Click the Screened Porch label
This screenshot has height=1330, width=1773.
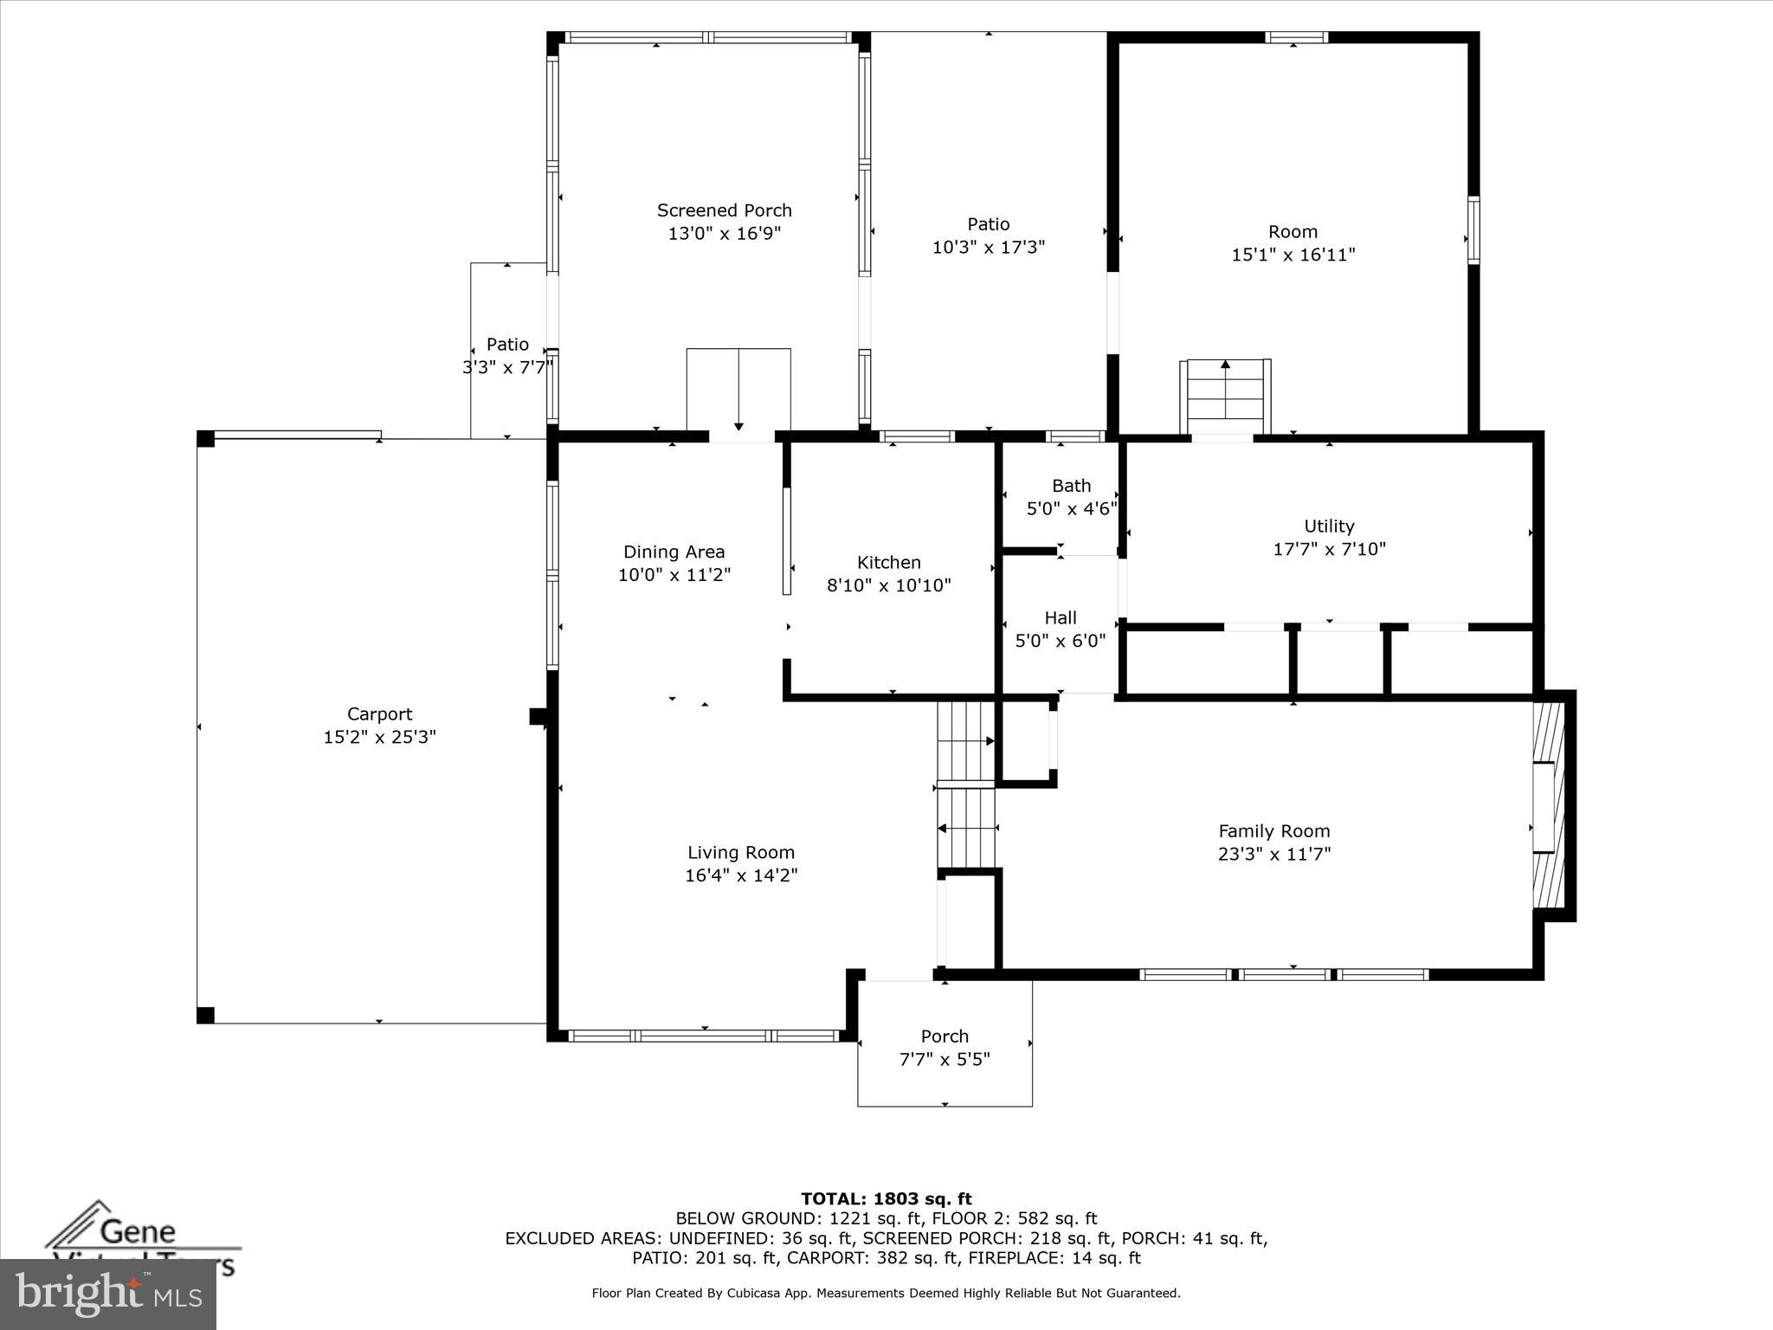pyautogui.click(x=724, y=210)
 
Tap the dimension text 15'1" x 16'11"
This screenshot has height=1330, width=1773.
pyautogui.click(x=1293, y=255)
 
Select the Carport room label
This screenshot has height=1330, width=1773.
pyautogui.click(x=379, y=714)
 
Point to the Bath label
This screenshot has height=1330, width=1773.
pyautogui.click(x=1071, y=486)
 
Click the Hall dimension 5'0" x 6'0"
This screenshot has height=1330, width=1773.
pyautogui.click(x=1061, y=641)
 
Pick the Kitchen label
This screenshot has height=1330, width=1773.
pyautogui.click(x=888, y=562)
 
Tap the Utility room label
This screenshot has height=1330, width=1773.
pyautogui.click(x=1329, y=526)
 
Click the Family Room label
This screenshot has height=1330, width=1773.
pyautogui.click(x=1273, y=831)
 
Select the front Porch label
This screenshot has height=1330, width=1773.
pyautogui.click(x=945, y=1036)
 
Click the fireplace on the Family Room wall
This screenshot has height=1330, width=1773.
pyautogui.click(x=1551, y=805)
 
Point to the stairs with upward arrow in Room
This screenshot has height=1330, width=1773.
pyautogui.click(x=1225, y=397)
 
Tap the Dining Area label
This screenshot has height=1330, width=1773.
pyautogui.click(x=674, y=552)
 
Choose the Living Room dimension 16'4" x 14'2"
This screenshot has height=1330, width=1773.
pyautogui.click(x=741, y=875)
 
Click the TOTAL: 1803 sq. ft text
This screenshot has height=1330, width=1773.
pyautogui.click(x=886, y=1199)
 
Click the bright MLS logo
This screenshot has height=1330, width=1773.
pyautogui.click(x=108, y=1294)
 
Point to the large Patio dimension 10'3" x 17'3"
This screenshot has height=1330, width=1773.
pyautogui.click(x=988, y=248)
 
